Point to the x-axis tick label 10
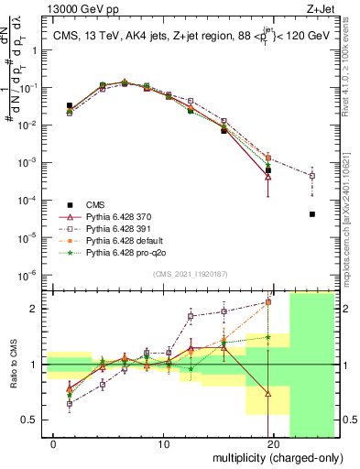[x=164, y=444]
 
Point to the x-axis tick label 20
[x=273, y=444]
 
